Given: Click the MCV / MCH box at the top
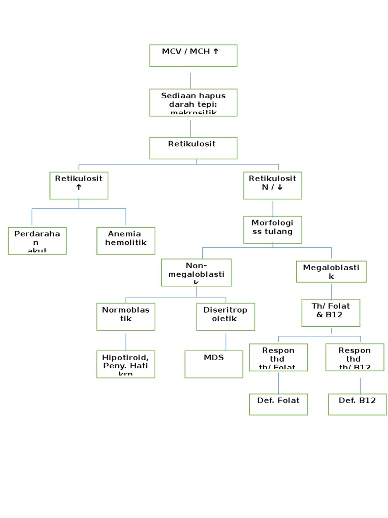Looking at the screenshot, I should tap(193, 55).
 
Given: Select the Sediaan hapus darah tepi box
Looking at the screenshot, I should tap(193, 102).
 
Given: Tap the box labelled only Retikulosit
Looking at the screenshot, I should tap(193, 148).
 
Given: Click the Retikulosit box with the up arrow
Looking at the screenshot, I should tap(79, 185).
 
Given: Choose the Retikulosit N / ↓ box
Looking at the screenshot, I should tap(273, 185).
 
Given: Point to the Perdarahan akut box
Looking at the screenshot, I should tap(37, 240).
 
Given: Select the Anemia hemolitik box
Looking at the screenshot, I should tap(126, 240).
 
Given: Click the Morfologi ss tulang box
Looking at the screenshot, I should tap(272, 229).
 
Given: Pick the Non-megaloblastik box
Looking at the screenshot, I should tap(196, 272).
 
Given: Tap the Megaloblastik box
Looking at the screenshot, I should tap(331, 272).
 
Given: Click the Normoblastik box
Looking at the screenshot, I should tap(126, 316).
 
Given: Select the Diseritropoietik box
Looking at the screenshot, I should tap(225, 316).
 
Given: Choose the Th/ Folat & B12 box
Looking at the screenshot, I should tap(331, 312).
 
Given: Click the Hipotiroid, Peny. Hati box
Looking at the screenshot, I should tap(126, 364).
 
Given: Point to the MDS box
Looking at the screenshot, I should tap(214, 364).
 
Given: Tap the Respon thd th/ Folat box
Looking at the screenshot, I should tap(278, 357).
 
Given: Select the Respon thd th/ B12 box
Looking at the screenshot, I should tap(355, 357).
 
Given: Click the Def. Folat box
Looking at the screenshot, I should tap(278, 404).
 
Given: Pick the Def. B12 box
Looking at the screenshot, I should tap(357, 404).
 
